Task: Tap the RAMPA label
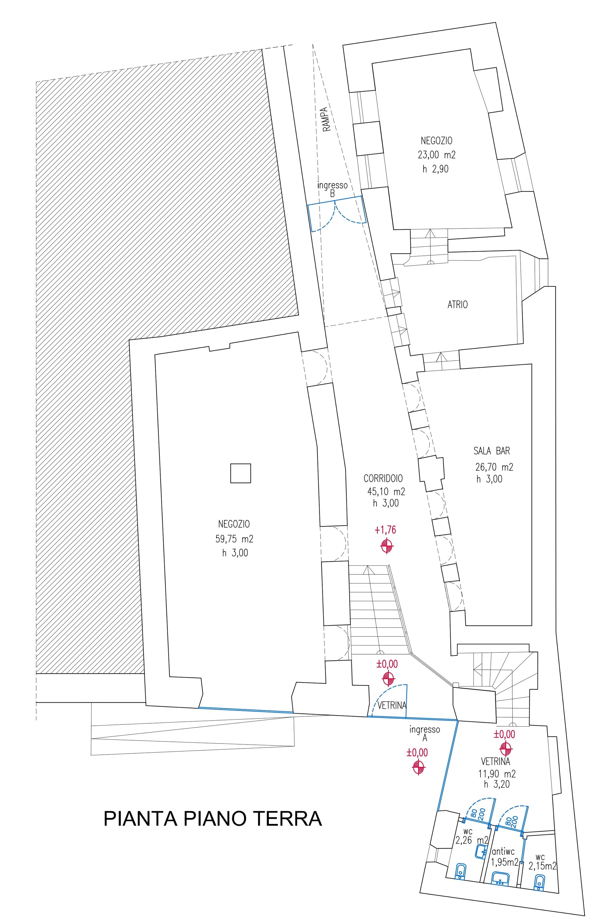point(326,119)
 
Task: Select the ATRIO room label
point(457,305)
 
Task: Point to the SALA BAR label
point(491,451)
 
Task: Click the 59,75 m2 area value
point(234,538)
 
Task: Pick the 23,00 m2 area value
point(437,155)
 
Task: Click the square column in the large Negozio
point(240,473)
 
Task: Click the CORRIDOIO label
point(383,478)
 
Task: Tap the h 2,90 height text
point(435,169)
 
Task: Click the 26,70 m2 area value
point(494,467)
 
